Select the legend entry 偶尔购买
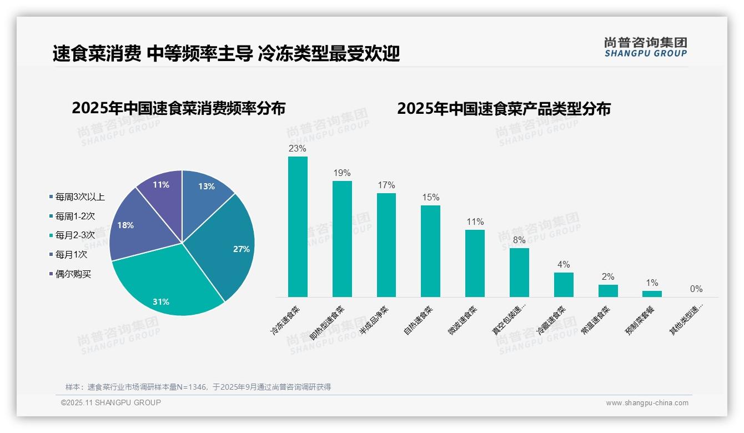73,274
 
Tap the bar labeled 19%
342,239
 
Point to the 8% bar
519,272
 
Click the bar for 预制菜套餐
652,294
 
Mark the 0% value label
696,289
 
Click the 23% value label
298,149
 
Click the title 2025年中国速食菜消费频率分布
178,108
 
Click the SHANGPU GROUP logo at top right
646,47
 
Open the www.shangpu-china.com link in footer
647,403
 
